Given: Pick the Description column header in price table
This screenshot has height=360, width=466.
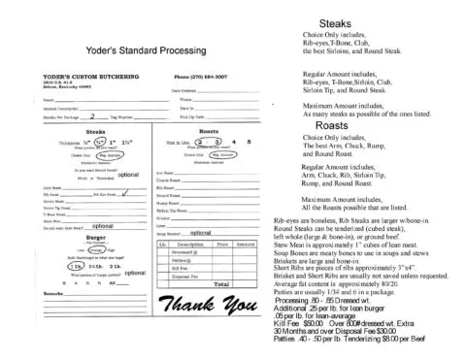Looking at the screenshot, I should click(x=191, y=245).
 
